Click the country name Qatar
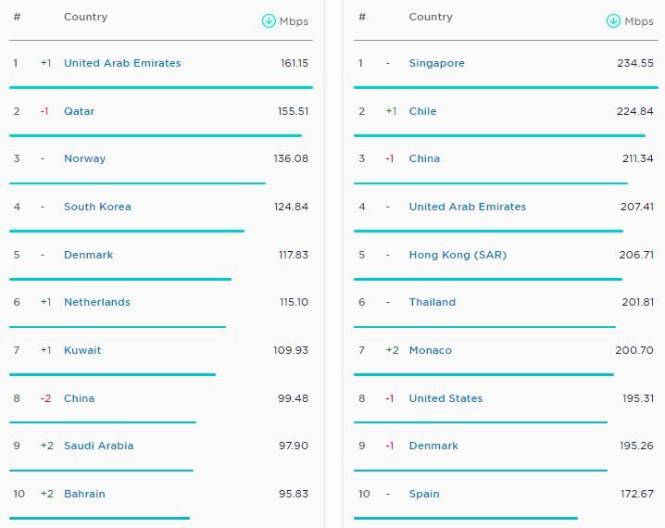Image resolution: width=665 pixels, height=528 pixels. click(x=80, y=111)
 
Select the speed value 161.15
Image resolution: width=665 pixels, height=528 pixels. click(x=295, y=63)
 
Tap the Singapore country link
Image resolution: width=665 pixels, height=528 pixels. click(x=437, y=63)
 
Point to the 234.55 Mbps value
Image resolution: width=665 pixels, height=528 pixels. click(x=635, y=63)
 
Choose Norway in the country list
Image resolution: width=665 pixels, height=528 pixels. click(x=85, y=158)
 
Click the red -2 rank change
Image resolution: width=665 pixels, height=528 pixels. click(x=45, y=398)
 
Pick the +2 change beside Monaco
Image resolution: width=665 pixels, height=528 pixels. click(x=393, y=350)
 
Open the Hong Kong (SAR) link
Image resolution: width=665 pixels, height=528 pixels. click(x=458, y=255)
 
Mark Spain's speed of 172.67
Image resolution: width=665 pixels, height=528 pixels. click(x=637, y=494)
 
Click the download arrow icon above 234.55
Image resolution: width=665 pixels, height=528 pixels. click(x=613, y=20)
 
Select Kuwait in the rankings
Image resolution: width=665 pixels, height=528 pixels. click(x=82, y=350)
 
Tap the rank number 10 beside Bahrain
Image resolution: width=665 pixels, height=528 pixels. click(x=19, y=494)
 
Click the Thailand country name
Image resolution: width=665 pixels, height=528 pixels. click(x=433, y=302)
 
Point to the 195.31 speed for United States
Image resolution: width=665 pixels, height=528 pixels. click(x=638, y=398)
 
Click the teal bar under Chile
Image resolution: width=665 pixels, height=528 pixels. click(x=499, y=136)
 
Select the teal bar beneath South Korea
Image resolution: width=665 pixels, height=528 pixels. click(x=127, y=232)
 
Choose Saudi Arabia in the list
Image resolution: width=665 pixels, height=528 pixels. click(x=99, y=446)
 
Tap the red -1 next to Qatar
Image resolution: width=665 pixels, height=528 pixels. click(x=44, y=111)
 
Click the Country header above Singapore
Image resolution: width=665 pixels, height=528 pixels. click(x=431, y=17)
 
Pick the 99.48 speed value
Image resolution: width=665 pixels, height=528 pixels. click(x=293, y=398)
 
